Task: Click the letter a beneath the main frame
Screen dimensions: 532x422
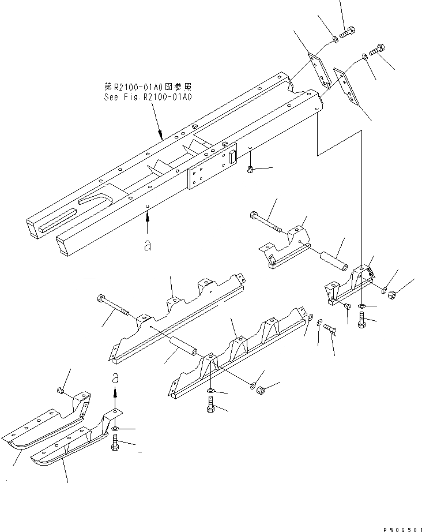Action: tap(148, 245)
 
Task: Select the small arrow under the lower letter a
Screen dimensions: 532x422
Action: tap(115, 395)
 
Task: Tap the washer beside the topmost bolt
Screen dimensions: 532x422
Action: tap(335, 39)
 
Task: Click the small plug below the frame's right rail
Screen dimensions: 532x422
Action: tap(251, 169)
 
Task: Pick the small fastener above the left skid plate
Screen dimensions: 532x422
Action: tap(60, 392)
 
